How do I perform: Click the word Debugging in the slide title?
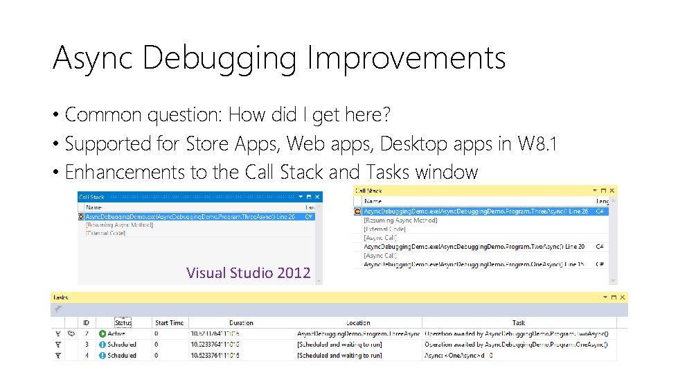click(x=220, y=59)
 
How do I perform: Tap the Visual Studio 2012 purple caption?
click(x=248, y=272)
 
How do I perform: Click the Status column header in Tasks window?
click(x=123, y=322)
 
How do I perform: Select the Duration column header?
click(x=241, y=322)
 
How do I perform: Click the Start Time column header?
click(x=170, y=322)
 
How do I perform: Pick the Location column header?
click(x=358, y=322)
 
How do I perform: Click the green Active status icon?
click(x=102, y=333)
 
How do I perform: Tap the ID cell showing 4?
click(x=87, y=356)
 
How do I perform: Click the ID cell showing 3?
click(x=87, y=345)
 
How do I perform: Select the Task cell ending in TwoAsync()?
click(x=516, y=333)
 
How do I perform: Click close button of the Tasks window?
click(x=623, y=297)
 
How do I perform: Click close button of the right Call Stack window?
click(x=612, y=190)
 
